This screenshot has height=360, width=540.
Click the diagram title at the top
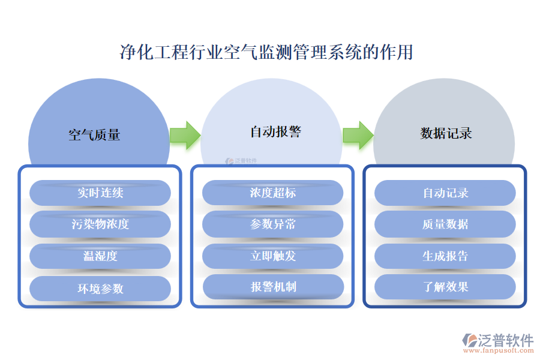point(266,52)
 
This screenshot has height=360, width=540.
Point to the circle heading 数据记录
point(446,133)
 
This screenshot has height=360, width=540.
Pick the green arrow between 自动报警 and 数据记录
point(358,135)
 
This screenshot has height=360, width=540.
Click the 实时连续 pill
point(100,193)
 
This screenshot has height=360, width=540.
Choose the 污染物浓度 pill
point(100,224)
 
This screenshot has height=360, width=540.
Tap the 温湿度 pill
point(100,256)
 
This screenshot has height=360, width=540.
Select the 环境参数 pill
point(100,288)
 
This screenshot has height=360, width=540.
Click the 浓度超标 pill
point(273,193)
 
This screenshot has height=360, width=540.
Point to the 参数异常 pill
point(273,224)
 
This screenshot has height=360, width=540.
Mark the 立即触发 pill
point(273,256)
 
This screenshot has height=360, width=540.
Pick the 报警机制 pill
point(273,287)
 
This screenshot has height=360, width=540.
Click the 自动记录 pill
point(445,193)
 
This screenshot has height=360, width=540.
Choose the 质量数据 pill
point(445,224)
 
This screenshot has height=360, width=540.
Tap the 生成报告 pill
point(445,256)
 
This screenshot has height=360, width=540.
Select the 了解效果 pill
point(445,287)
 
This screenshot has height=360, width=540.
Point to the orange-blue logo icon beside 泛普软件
point(469,341)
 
